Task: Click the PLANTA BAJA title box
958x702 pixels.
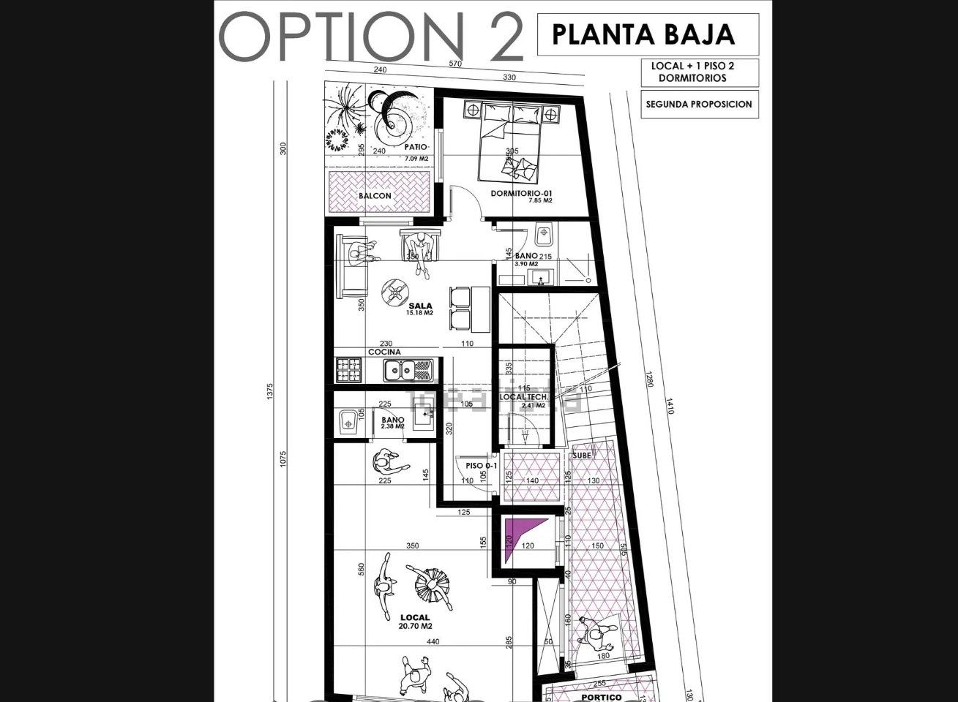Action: [647, 34]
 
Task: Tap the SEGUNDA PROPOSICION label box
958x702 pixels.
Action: [697, 104]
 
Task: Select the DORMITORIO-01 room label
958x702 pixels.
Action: [520, 194]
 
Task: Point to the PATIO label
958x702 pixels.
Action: [415, 147]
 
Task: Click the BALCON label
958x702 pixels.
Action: [375, 196]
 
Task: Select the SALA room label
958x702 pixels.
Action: [420, 306]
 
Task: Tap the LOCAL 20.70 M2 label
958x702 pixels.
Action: [415, 622]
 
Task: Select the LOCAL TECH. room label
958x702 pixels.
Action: [523, 397]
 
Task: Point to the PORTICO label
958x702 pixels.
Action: [601, 698]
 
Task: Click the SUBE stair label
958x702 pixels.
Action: [582, 456]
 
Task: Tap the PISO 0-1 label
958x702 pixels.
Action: [481, 465]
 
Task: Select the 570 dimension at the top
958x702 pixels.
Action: [455, 64]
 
